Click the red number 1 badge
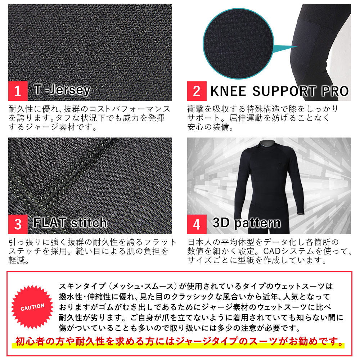(18, 91)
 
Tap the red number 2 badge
(197, 91)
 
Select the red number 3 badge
(18, 224)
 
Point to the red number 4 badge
(197, 224)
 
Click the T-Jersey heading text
(62, 90)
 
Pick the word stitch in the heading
(89, 223)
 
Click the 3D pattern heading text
(247, 223)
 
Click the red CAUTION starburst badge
(32, 307)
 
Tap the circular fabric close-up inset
(238, 44)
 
